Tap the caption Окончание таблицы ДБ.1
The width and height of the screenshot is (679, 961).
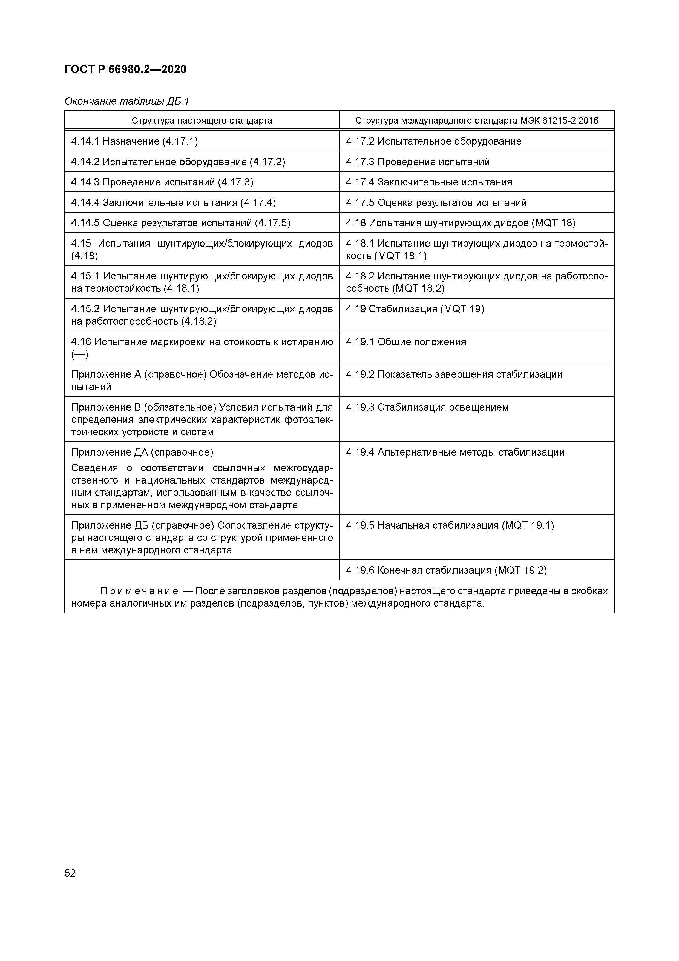[127, 101]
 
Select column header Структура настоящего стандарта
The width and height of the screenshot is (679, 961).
[202, 121]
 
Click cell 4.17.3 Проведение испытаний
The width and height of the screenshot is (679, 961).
[418, 162]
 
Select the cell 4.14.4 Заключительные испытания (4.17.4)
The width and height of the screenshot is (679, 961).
[173, 203]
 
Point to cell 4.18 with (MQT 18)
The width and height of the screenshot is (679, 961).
[460, 223]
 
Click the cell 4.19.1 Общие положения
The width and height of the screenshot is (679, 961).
[405, 342]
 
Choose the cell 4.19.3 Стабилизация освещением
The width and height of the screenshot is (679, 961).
[427, 407]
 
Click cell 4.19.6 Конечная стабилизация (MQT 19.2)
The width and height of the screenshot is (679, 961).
[446, 570]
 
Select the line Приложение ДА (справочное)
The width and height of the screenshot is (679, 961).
[142, 453]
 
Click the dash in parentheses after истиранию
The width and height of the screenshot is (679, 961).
[79, 354]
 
